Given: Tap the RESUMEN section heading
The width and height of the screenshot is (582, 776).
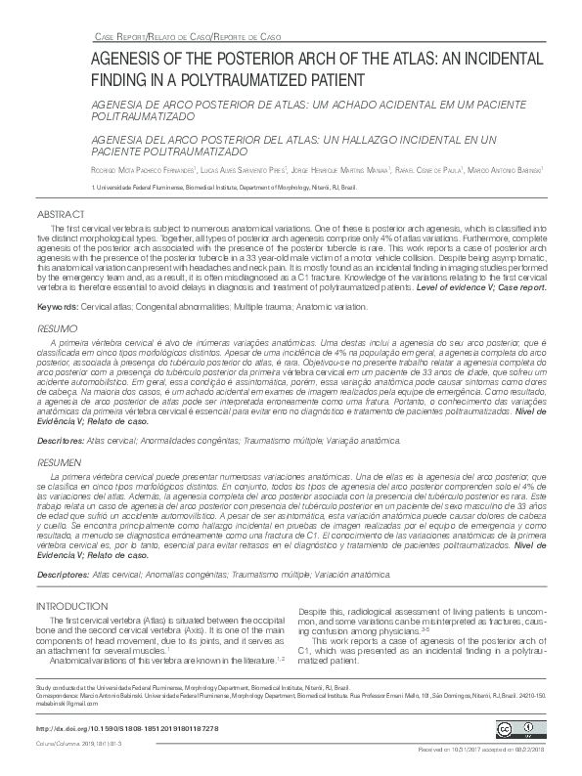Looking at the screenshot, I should pyautogui.click(x=58, y=458).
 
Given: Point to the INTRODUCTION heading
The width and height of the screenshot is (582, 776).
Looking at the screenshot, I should pyautogui.click(x=72, y=607).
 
